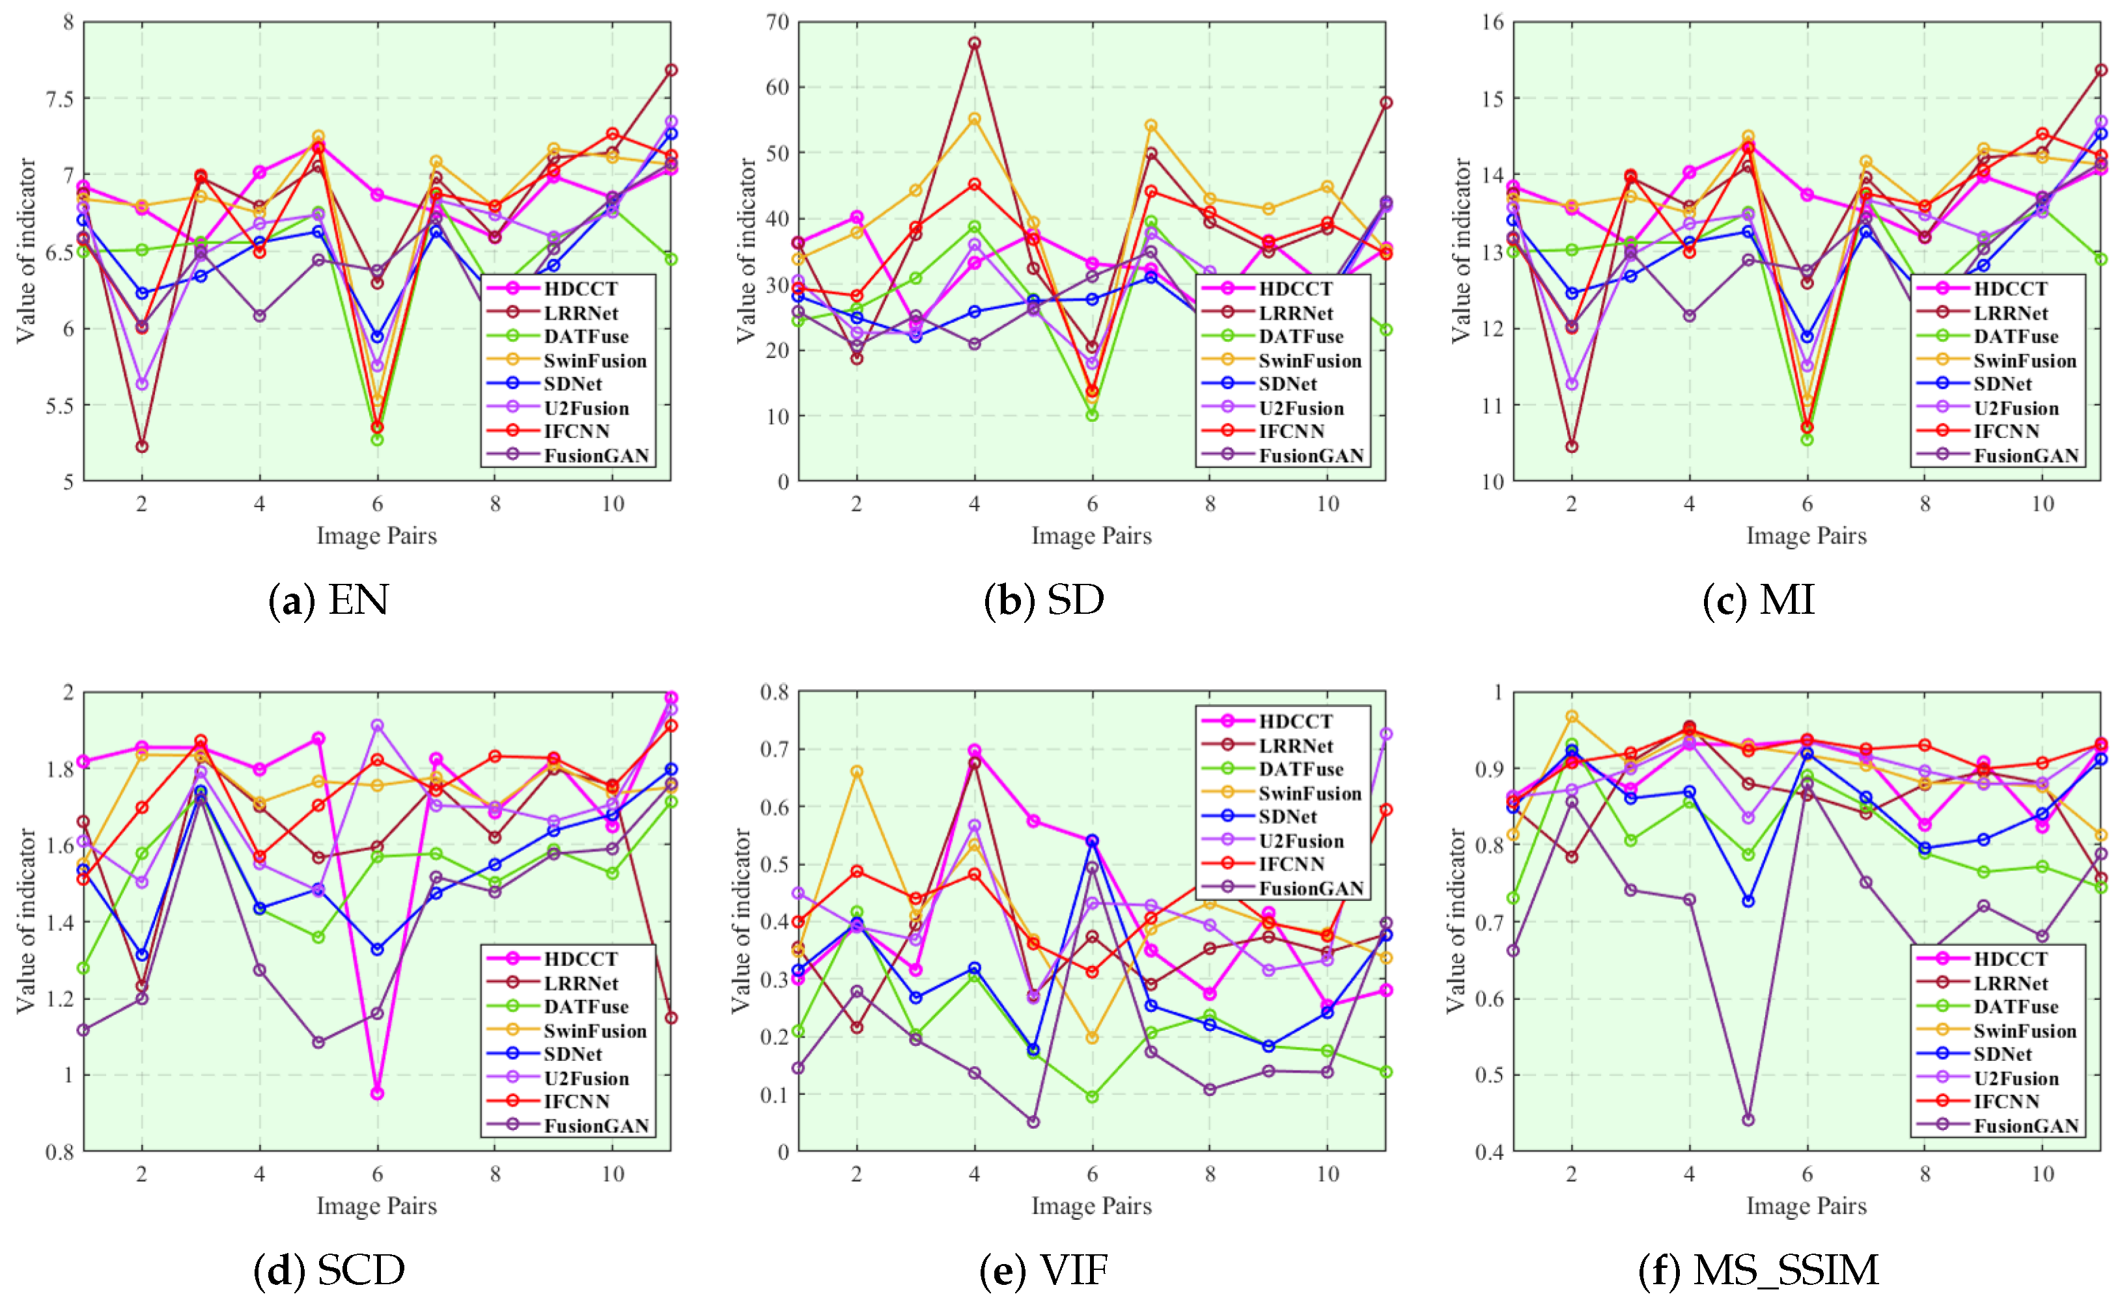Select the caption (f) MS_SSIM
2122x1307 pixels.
coord(1758,1270)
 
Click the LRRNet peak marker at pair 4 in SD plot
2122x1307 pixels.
coord(975,42)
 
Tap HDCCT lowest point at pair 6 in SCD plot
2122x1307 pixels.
coord(377,1094)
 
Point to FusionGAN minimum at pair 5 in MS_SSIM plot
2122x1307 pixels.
coord(1748,1120)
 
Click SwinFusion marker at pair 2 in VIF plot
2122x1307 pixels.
coord(857,771)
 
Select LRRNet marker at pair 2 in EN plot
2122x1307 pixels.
coord(142,446)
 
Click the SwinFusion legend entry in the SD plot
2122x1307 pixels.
coord(1309,361)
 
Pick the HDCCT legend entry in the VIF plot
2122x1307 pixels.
coord(1294,721)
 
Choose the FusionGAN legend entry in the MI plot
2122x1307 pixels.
coord(2025,456)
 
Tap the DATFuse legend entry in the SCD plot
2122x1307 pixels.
coord(585,1007)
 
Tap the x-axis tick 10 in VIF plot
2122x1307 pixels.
coord(1328,1174)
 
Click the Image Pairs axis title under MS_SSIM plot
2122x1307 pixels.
coord(1806,1206)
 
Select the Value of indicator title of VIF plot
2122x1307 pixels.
coord(740,920)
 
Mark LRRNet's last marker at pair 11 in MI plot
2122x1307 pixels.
coord(2101,70)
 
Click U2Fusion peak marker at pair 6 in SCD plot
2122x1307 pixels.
coord(377,725)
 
